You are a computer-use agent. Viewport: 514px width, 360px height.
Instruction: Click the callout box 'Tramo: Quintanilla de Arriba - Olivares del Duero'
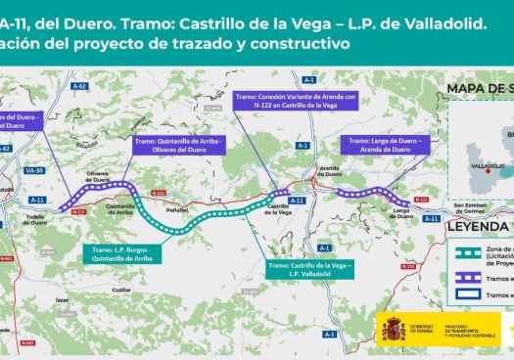(x=178, y=145)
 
